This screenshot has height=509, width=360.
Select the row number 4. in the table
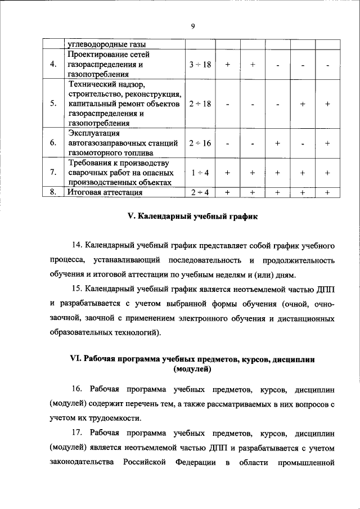tap(53, 65)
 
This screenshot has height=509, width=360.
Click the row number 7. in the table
tap(53, 173)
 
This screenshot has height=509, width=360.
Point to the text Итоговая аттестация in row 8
tap(104, 192)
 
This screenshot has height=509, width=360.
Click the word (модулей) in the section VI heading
tap(192, 369)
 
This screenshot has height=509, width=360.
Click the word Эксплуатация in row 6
tap(93, 133)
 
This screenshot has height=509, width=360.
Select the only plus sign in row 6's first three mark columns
tap(278, 143)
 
